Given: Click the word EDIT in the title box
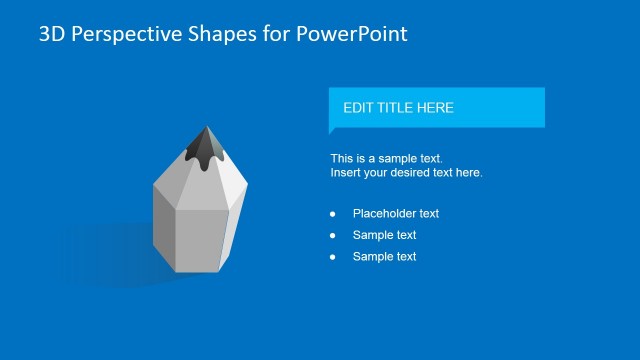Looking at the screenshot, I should [x=359, y=108].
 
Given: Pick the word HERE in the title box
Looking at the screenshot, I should [x=436, y=108].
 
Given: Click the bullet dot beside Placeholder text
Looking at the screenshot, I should [x=332, y=214].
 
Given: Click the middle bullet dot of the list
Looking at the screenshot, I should [x=332, y=236].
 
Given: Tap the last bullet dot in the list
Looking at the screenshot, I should [x=332, y=257].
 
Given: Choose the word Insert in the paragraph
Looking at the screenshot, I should [x=346, y=173].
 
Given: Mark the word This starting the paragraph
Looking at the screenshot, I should [x=342, y=159].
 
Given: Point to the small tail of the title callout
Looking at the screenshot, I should [x=333, y=130].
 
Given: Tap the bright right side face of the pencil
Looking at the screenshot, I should [x=232, y=225].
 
